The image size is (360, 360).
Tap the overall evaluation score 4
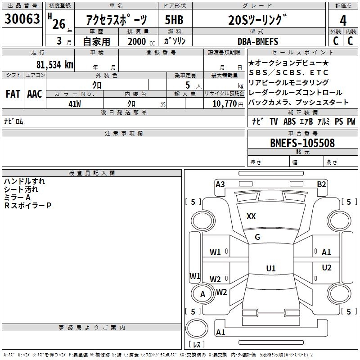[x=343, y=20]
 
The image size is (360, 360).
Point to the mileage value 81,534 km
[x=54, y=64]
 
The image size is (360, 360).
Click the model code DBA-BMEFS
[x=257, y=41]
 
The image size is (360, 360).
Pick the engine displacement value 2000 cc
[x=139, y=41]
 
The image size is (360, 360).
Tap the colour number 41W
[x=75, y=103]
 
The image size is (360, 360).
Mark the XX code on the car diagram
[x=251, y=216]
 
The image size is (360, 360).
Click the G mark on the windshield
[x=257, y=237]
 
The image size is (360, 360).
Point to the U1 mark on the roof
[x=270, y=268]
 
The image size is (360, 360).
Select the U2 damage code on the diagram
[x=327, y=268]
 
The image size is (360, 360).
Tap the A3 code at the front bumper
[x=220, y=184]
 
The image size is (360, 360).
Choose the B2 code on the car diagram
[x=321, y=184]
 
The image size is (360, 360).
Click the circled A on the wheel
[x=202, y=294]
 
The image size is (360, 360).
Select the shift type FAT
[x=13, y=94]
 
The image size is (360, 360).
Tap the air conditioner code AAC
[x=34, y=94]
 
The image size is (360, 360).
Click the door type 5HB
[x=174, y=20]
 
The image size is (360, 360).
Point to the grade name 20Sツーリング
[x=257, y=20]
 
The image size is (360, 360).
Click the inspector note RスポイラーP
[x=28, y=206]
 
